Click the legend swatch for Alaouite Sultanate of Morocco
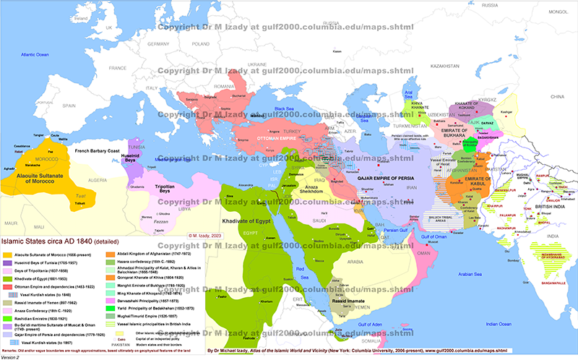tap(8, 255)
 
